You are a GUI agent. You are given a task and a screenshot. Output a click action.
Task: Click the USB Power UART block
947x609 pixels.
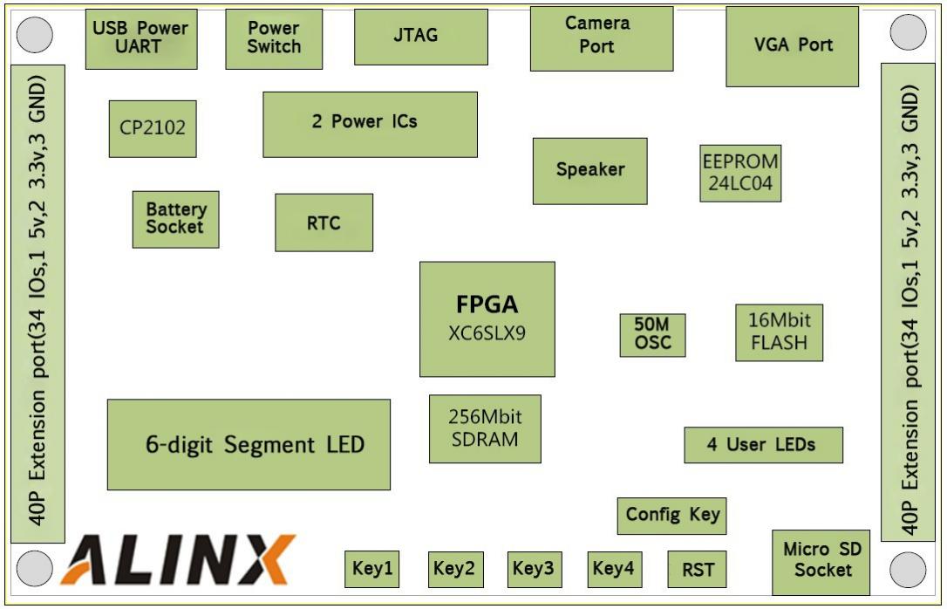click(x=141, y=38)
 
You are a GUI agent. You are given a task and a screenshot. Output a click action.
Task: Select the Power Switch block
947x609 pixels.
click(x=273, y=38)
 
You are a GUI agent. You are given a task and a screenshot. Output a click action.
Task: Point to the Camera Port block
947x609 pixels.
click(x=601, y=38)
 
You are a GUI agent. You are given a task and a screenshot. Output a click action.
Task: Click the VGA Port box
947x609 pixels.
click(x=791, y=46)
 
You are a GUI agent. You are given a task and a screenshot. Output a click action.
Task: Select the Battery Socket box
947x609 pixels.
click(x=175, y=219)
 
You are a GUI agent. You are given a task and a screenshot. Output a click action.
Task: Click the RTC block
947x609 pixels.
click(x=324, y=222)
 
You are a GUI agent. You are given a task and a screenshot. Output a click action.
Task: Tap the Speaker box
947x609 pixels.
click(x=589, y=170)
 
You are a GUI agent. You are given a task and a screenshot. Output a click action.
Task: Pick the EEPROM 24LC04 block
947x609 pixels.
click(x=740, y=173)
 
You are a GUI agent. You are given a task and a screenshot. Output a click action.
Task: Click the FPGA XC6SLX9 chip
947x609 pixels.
click(x=487, y=318)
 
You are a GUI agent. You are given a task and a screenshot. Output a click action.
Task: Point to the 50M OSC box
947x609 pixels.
click(x=652, y=334)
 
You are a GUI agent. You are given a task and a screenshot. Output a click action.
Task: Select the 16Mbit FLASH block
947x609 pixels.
click(x=779, y=332)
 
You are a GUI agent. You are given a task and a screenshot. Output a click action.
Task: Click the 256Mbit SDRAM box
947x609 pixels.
click(x=485, y=428)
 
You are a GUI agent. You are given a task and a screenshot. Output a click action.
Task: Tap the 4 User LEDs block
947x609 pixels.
click(x=762, y=445)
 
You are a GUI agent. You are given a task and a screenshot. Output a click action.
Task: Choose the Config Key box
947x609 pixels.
click(x=671, y=515)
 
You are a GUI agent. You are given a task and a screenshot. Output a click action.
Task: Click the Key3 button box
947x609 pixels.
click(x=534, y=569)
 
